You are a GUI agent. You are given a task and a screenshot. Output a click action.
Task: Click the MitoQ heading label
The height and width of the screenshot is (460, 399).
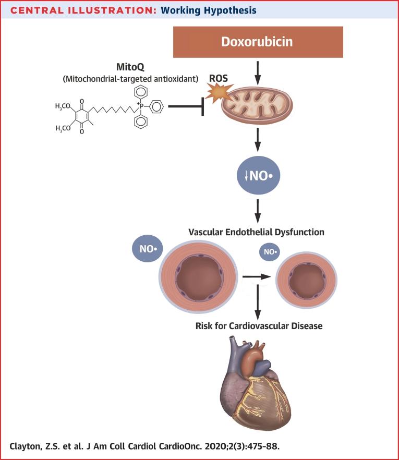click(129, 68)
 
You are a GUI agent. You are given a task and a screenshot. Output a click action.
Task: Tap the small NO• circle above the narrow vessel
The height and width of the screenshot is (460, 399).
click(270, 252)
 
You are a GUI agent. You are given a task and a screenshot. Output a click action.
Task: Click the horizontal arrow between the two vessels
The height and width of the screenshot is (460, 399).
click(258, 275)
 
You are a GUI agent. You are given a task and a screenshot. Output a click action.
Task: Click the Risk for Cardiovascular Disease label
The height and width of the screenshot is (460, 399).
click(259, 326)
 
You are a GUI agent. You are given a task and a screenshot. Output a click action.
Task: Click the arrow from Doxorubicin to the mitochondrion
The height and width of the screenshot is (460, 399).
click(257, 71)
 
